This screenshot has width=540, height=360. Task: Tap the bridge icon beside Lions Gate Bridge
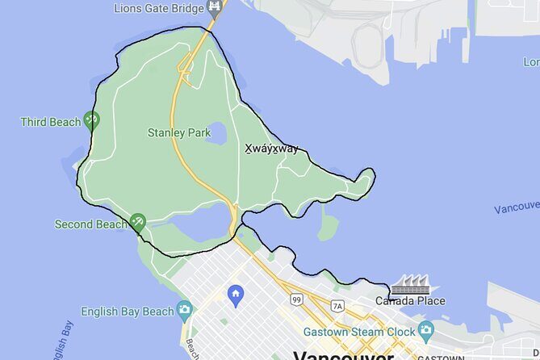[214, 9]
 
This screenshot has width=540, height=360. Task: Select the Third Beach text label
[51, 122]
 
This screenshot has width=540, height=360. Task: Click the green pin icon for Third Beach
[92, 121]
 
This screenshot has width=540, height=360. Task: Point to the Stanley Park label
[172, 132]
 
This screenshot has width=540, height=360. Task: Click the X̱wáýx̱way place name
[271, 149]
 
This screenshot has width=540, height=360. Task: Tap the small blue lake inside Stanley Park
[216, 133]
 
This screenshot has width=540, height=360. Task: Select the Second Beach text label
[90, 224]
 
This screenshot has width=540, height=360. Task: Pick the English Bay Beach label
[128, 311]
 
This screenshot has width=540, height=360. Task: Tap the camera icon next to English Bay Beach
[185, 309]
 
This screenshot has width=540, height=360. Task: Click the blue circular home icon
[236, 293]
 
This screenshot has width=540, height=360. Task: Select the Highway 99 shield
[296, 300]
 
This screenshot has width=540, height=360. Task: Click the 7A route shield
[337, 305]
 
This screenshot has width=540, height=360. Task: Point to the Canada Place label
[410, 301]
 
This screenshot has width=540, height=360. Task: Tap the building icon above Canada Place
[410, 284]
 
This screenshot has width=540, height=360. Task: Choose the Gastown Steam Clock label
[358, 331]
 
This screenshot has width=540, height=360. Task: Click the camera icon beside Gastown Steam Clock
[425, 330]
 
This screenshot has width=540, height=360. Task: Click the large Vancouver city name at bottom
[343, 355]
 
